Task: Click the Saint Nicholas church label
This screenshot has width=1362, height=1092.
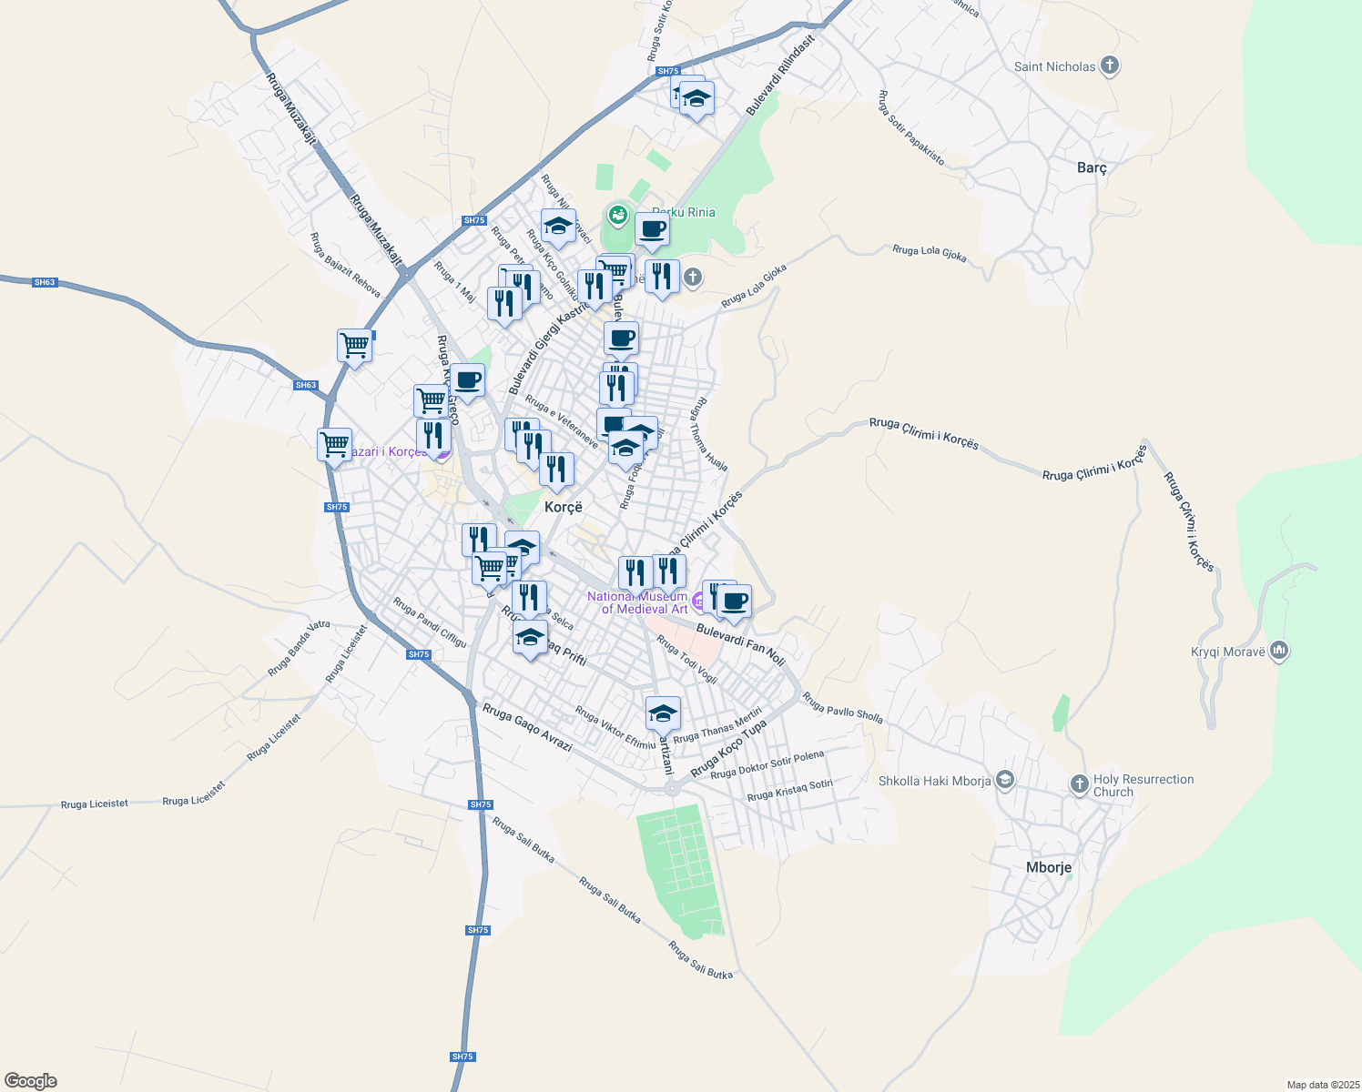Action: point(1055,66)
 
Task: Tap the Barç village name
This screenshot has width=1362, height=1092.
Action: point(1092,167)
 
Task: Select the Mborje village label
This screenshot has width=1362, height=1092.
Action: point(1049,867)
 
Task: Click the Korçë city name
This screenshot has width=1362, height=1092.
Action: point(563,507)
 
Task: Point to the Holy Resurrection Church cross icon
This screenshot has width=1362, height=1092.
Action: point(1079,784)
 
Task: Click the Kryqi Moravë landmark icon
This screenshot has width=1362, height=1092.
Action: point(1279,651)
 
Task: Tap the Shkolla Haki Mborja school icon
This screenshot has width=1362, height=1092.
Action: point(1004,780)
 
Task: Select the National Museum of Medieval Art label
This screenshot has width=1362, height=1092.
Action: point(637,602)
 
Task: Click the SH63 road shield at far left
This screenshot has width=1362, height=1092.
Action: point(45,282)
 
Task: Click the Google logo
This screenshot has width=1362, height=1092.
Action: point(30,1080)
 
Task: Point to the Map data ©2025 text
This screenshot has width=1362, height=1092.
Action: point(1321,1085)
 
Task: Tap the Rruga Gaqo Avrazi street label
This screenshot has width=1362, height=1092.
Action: point(527,727)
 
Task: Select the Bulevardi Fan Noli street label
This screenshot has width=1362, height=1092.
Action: point(740,643)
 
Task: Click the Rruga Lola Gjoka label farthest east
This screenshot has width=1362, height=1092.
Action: point(929,252)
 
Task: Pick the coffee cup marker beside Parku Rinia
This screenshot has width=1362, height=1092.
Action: point(652,230)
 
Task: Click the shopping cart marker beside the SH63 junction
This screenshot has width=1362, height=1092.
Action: point(354,346)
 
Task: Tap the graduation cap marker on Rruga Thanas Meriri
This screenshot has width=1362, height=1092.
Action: point(663,713)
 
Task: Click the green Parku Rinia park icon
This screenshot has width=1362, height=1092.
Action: point(618,215)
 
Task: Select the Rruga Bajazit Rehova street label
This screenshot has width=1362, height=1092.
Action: point(345,265)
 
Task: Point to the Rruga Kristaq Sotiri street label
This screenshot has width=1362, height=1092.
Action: point(789,790)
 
